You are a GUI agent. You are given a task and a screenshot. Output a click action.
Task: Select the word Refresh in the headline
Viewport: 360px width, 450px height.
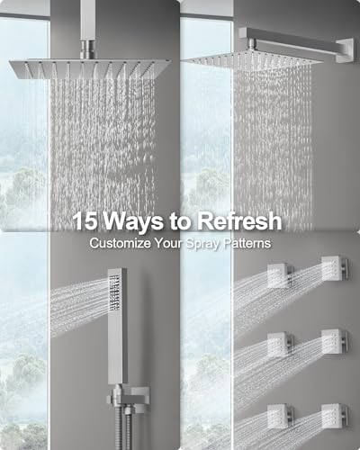pos(239,220)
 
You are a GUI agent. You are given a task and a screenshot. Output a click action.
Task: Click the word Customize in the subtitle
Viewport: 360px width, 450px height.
pos(120,243)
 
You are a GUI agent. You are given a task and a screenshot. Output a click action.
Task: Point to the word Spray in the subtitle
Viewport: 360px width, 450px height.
pos(202,244)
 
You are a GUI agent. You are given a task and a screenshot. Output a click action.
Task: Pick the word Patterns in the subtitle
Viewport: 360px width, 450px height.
pos(247,243)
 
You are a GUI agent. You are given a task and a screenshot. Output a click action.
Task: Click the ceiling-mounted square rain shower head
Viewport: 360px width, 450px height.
pos(90,69)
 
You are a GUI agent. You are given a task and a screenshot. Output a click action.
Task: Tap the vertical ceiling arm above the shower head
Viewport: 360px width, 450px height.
pos(88,30)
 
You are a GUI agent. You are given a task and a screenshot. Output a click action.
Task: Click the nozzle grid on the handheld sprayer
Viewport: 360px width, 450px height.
pos(114,293)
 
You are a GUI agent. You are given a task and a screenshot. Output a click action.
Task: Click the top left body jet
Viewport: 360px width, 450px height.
pos(280,275)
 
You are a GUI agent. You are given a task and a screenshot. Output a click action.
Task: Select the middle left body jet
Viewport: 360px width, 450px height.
pos(280,345)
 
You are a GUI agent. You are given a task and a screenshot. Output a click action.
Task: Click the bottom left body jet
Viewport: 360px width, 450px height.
pos(280,417)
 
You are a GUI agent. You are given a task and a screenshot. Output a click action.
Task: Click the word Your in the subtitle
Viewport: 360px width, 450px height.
pos(168,243)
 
